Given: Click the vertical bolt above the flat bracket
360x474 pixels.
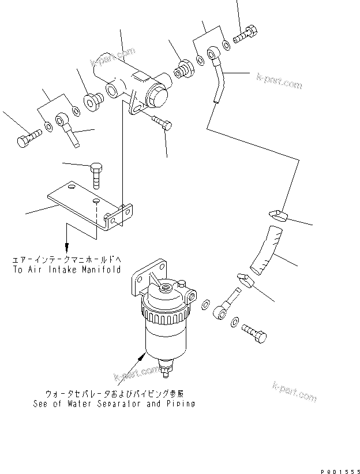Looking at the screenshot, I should [x=96, y=174].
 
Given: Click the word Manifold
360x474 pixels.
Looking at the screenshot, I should [x=102, y=270].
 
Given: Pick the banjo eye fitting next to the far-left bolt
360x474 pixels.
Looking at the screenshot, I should [x=62, y=123].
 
